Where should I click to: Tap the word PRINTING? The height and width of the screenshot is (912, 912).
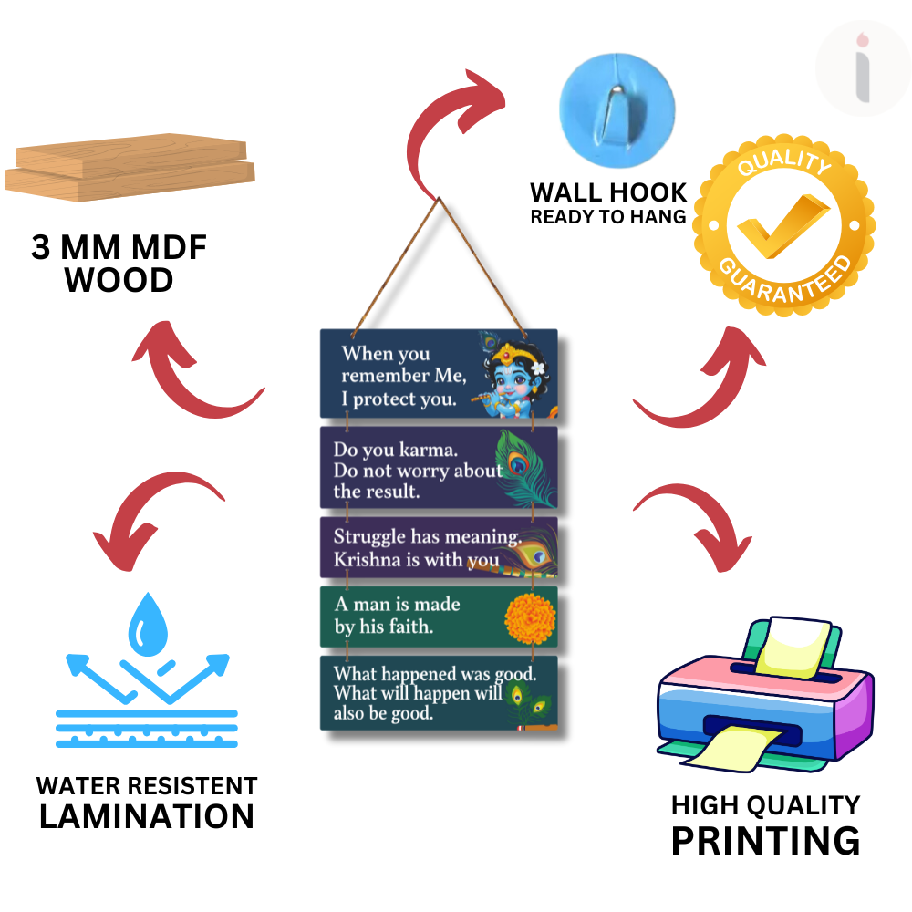765,840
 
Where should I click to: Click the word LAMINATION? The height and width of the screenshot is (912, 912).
147,816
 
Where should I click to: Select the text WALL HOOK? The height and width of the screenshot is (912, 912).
608,192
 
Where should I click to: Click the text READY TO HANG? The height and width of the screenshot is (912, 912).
608,217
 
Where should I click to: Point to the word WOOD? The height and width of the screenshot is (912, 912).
119,280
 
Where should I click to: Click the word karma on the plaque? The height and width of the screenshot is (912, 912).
430,450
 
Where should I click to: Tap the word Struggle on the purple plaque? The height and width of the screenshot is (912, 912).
369,536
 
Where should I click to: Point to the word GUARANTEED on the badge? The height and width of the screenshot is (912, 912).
784,280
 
